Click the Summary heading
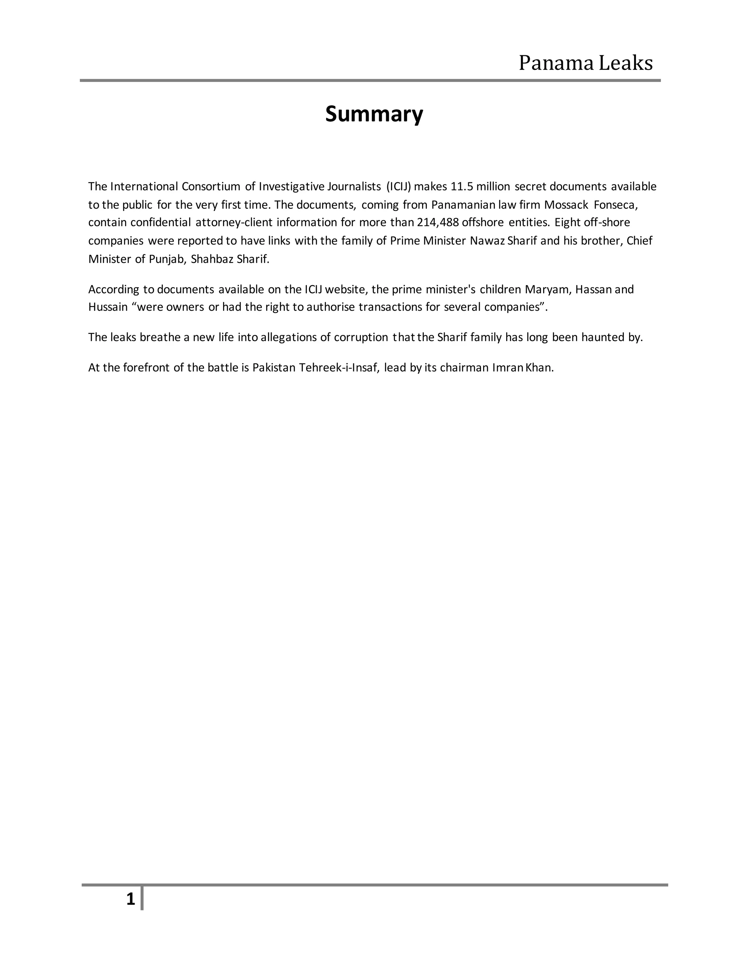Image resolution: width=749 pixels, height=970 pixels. [374, 114]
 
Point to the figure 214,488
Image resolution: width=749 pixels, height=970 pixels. [437, 222]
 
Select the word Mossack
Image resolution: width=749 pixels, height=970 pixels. [566, 205]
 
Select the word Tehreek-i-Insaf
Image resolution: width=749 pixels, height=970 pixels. [339, 368]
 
